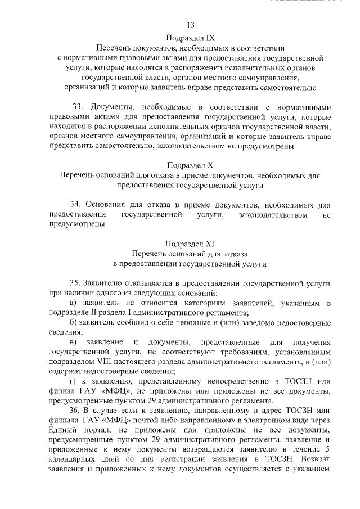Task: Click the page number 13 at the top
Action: [190, 25]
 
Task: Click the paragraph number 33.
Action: [78, 107]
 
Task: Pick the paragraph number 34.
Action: [77, 205]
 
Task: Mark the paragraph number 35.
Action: [77, 283]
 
